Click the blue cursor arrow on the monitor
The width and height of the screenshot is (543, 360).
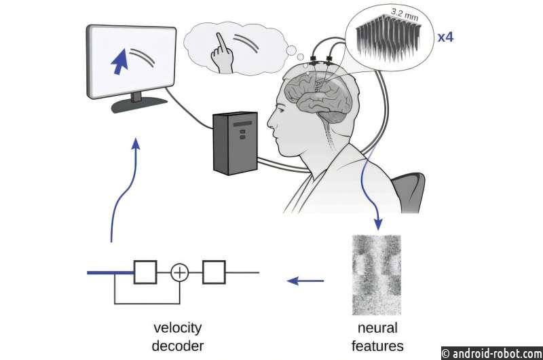(x=120, y=62)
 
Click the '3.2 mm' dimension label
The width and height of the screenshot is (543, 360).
(x=405, y=14)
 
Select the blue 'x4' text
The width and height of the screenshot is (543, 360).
(x=445, y=37)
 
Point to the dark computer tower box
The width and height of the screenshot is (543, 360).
(x=235, y=143)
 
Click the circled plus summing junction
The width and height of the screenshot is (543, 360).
(x=180, y=272)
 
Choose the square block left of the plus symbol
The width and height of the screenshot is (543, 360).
(x=145, y=272)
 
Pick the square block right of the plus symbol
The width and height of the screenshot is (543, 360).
(x=214, y=272)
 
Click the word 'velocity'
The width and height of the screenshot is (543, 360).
(x=177, y=328)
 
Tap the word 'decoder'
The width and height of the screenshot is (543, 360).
(x=178, y=346)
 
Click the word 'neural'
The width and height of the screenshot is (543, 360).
(x=377, y=328)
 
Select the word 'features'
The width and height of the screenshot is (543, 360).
(x=377, y=346)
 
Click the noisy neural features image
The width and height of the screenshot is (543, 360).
(x=377, y=275)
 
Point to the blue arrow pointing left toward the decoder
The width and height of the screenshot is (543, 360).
(x=305, y=281)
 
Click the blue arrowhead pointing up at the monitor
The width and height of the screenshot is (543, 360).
(x=136, y=144)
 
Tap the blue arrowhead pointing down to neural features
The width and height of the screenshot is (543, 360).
(x=379, y=224)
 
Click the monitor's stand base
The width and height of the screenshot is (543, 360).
(x=139, y=105)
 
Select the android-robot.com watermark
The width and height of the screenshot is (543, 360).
(x=491, y=353)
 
